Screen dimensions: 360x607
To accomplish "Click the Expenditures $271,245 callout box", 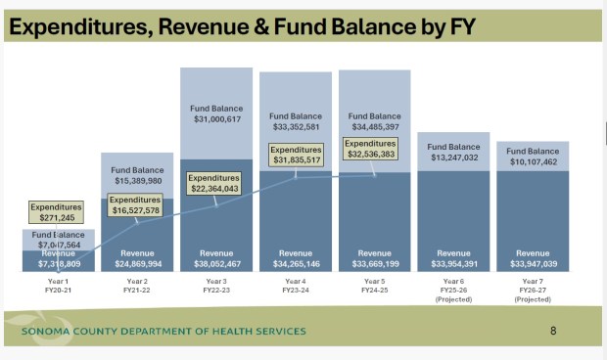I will coord(56,212).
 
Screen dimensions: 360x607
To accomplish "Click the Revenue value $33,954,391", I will coord(453,264).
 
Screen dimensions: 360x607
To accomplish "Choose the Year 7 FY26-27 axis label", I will coord(533,291).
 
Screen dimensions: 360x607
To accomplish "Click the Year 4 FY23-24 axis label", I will coord(294,286).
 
